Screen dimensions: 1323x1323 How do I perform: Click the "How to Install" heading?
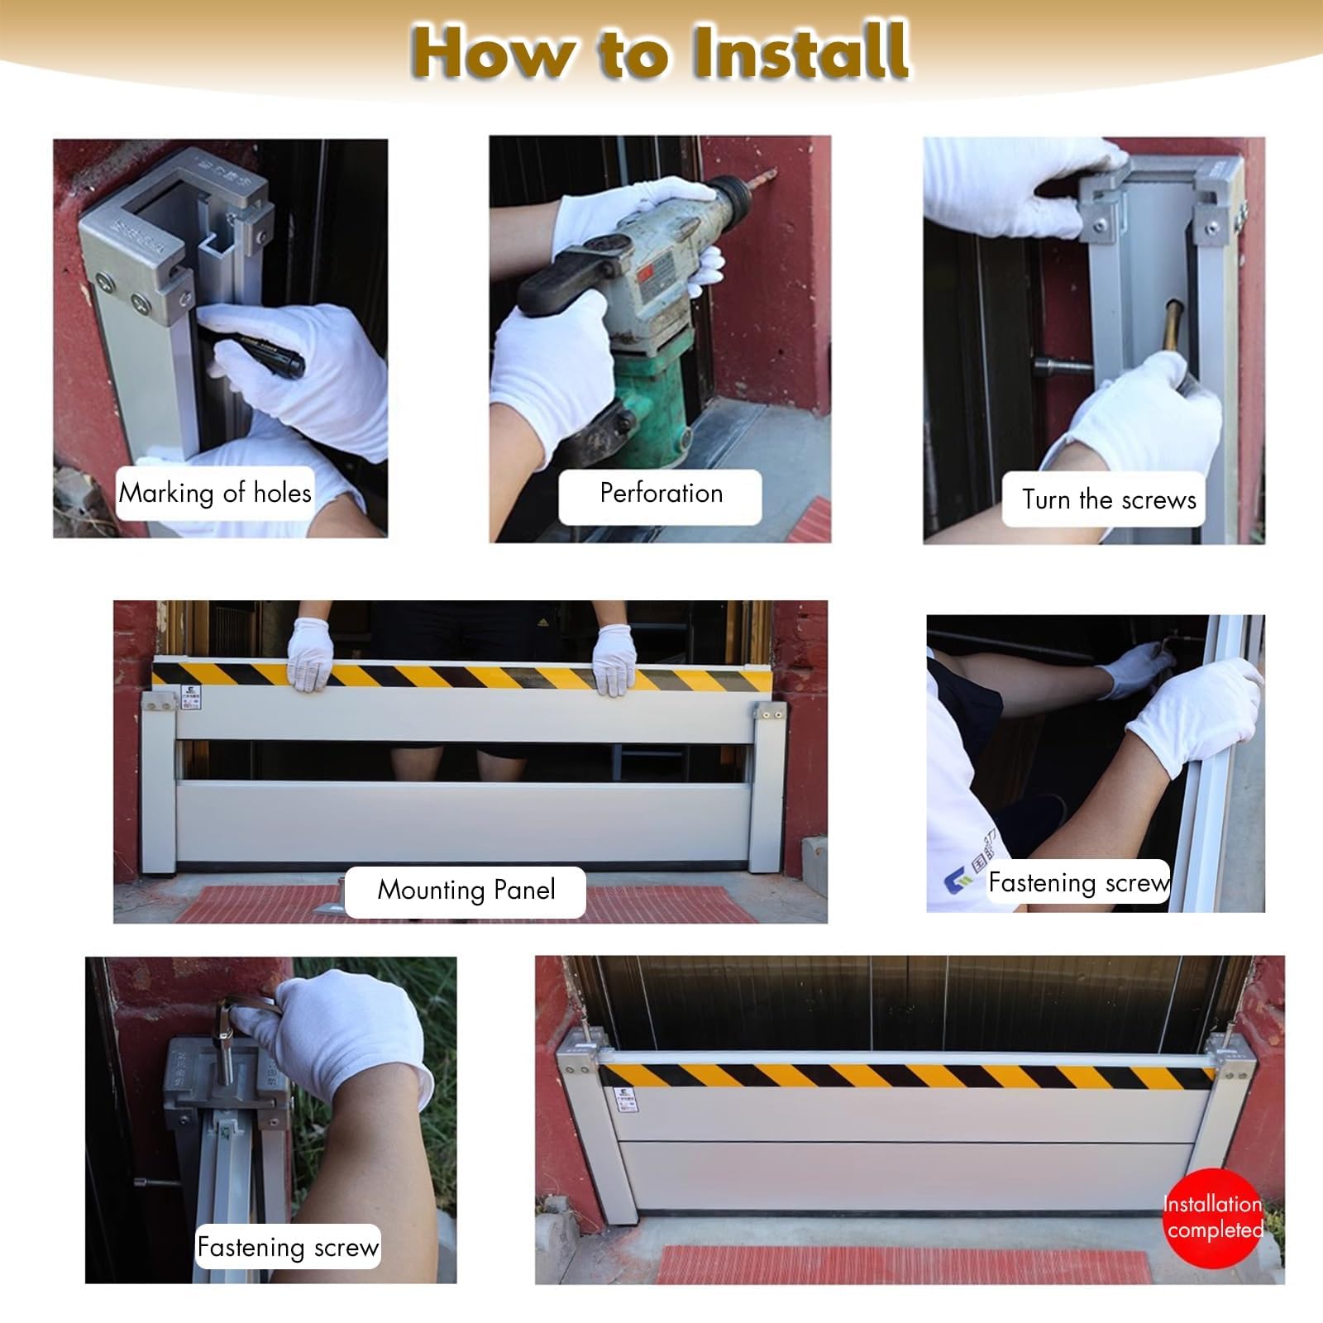[x=660, y=51]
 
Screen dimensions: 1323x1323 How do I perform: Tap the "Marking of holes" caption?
[x=215, y=493]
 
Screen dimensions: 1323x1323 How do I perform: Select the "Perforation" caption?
[x=661, y=493]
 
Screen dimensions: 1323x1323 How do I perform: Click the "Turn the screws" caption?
[x=1109, y=499]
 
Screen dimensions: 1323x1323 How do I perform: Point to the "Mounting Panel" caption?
[x=466, y=890]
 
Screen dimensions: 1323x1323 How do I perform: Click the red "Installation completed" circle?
[x=1214, y=1217]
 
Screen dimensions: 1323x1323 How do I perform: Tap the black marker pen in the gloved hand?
[x=263, y=351]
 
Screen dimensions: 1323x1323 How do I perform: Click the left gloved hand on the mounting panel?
[x=310, y=654]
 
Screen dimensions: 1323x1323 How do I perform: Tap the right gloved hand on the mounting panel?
[x=614, y=659]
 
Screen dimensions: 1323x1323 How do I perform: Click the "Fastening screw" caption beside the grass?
[x=288, y=1246]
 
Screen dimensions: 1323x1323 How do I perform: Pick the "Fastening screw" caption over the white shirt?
[x=1079, y=882]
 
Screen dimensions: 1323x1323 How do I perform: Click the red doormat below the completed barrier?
[x=901, y=1265]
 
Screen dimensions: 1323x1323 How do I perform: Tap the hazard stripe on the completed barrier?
[x=907, y=1076]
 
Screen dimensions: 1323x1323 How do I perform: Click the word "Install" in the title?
[x=800, y=51]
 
